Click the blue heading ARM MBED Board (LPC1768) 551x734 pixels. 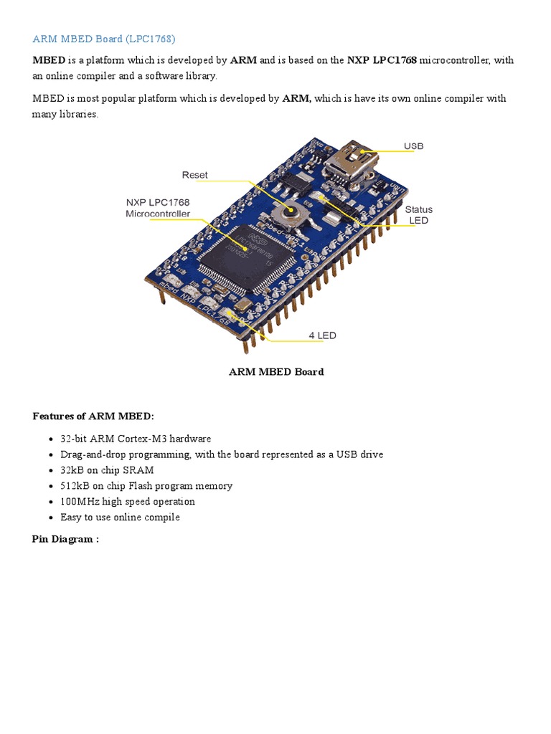[x=103, y=39]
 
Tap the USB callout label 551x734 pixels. [x=413, y=146]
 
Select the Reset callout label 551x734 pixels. [x=194, y=175]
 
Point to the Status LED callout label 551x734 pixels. [x=418, y=215]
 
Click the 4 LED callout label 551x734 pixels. [x=322, y=335]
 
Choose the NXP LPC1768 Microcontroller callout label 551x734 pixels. [x=158, y=208]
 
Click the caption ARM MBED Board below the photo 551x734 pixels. [x=275, y=372]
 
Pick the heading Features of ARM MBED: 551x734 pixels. [x=93, y=416]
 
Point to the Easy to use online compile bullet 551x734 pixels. [x=120, y=518]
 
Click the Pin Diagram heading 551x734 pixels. [x=65, y=538]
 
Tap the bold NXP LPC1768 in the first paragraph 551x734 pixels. [x=382, y=60]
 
